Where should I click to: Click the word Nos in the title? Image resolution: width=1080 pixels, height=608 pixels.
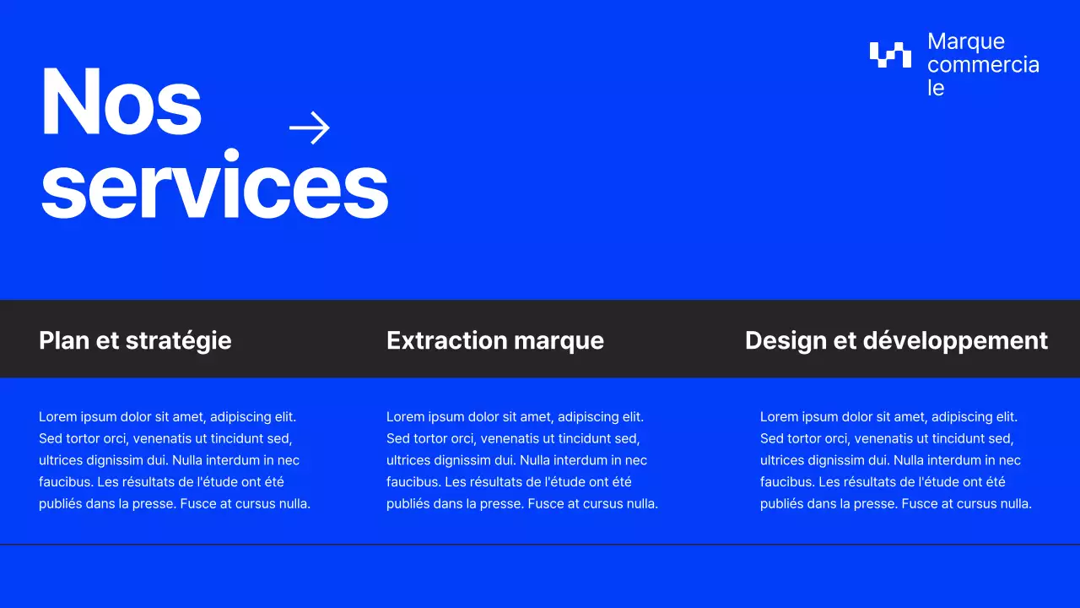(121, 101)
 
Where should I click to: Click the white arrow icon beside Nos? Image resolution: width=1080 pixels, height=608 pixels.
(310, 128)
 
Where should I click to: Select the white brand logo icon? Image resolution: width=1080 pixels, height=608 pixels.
(890, 54)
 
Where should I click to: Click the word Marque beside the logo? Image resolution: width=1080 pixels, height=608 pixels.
(966, 41)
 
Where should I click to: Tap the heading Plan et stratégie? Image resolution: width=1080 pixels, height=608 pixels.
(135, 340)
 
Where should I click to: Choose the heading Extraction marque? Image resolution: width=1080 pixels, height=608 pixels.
(495, 340)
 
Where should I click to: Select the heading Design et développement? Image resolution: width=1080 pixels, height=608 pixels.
(896, 340)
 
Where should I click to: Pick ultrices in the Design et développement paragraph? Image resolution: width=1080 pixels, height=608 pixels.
(782, 460)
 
